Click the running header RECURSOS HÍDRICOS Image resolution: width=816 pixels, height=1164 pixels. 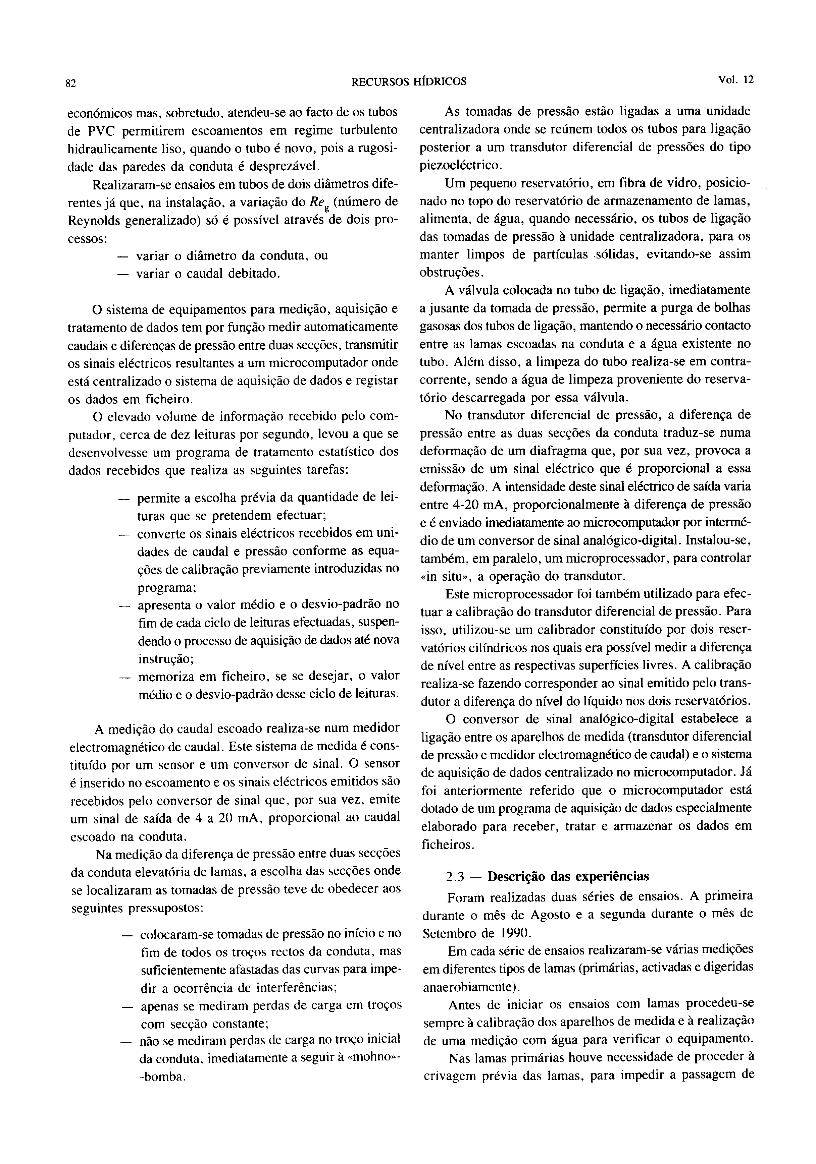pyautogui.click(x=409, y=81)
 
